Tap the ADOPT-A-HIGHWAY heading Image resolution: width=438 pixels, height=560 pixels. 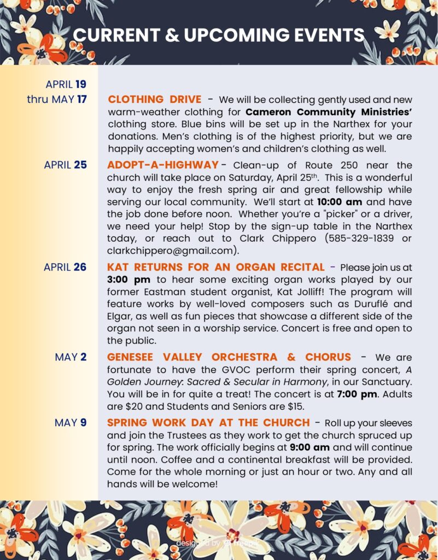click(x=163, y=165)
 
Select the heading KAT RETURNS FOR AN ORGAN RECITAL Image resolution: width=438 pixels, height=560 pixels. click(x=216, y=267)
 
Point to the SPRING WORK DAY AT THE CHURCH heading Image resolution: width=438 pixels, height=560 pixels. click(x=208, y=423)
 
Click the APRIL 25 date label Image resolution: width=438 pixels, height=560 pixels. click(x=66, y=165)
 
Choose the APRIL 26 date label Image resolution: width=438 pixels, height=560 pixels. click(x=66, y=267)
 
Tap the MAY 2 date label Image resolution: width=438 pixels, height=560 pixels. click(x=71, y=357)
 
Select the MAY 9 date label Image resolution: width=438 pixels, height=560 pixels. click(x=71, y=423)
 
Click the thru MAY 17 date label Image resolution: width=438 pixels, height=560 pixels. click(x=57, y=99)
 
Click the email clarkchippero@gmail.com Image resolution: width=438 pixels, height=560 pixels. click(x=171, y=250)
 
